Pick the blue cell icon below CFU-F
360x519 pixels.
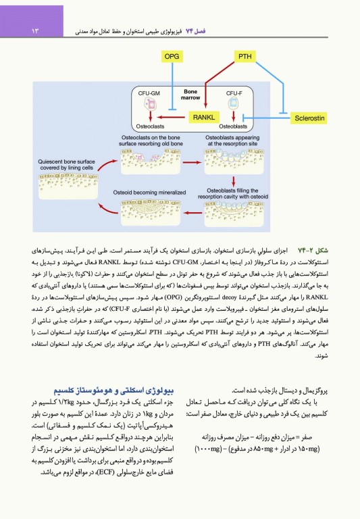coord(234,105)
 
